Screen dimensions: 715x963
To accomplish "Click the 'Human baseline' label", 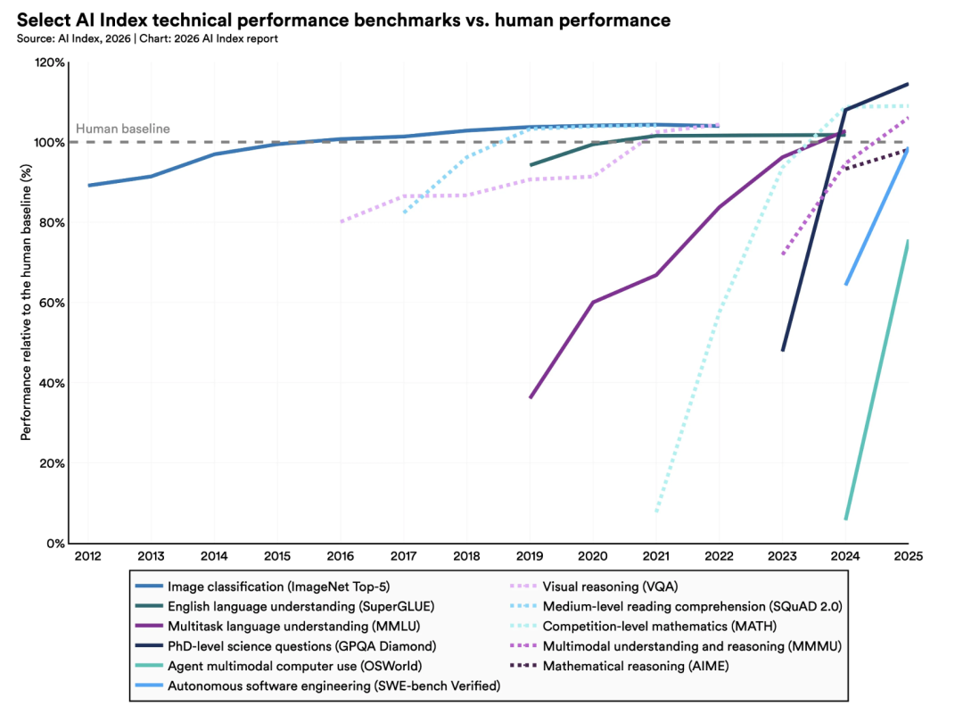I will coord(122,129).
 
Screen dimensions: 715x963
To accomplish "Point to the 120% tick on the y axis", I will coord(49,62).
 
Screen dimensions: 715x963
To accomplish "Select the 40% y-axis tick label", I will coord(52,383).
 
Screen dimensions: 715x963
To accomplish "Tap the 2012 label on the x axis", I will coord(87,555).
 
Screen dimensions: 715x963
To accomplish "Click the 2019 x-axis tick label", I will coord(530,555).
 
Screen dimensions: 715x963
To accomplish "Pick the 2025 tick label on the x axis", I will coord(908,555).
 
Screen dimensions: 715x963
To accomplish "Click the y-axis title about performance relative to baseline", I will coord(26,303).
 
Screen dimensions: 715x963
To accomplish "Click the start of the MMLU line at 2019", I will coord(531,397).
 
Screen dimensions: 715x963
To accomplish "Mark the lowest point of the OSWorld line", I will coord(845,519).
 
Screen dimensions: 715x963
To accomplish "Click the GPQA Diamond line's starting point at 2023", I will coord(783,350).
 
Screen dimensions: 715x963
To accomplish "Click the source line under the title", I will coord(147,38).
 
